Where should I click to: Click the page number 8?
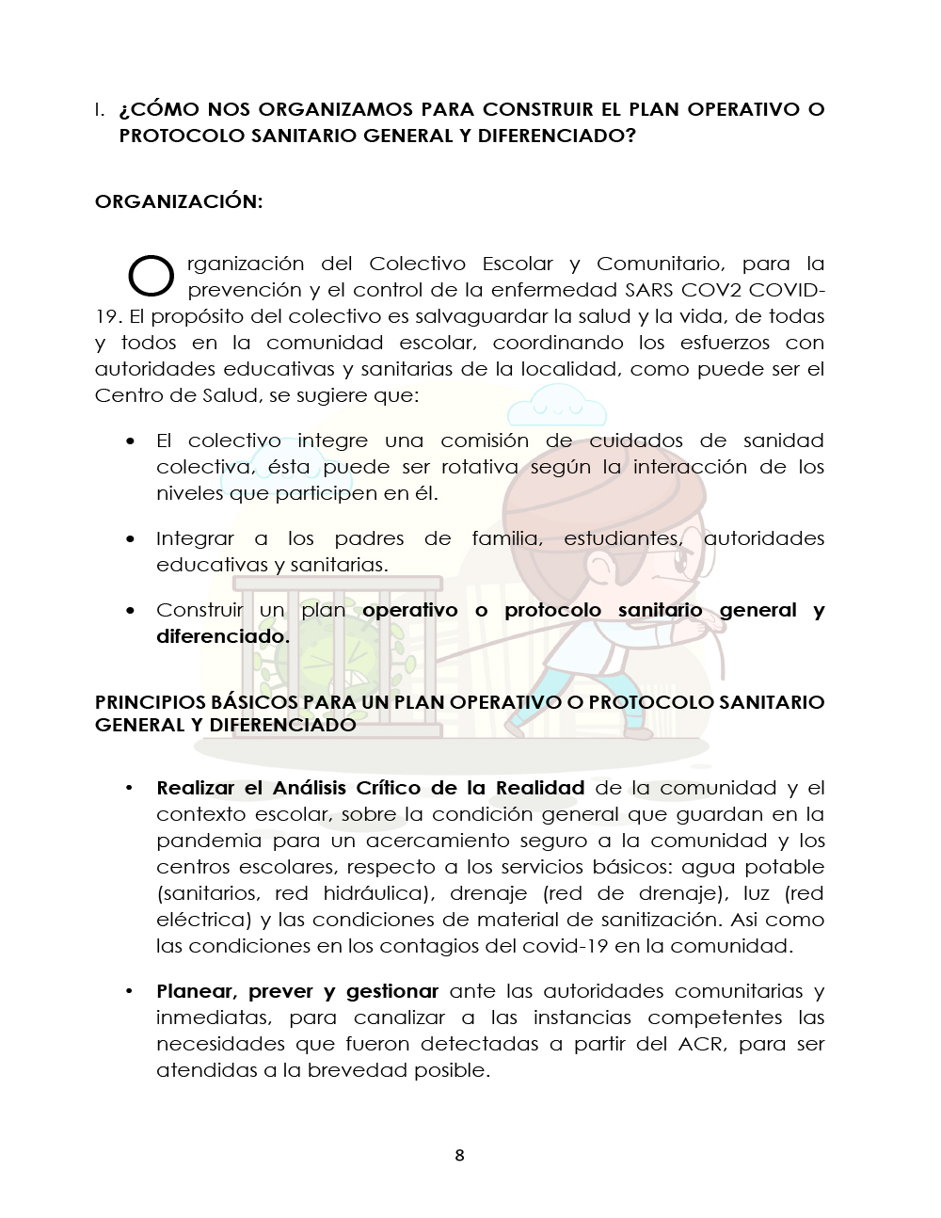tap(459, 1155)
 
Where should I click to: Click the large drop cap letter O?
tap(151, 275)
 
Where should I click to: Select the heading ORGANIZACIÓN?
tap(179, 201)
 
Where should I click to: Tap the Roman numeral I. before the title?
tap(99, 109)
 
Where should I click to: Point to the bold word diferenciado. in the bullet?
tap(223, 636)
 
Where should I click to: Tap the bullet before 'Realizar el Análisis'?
tap(131, 788)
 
